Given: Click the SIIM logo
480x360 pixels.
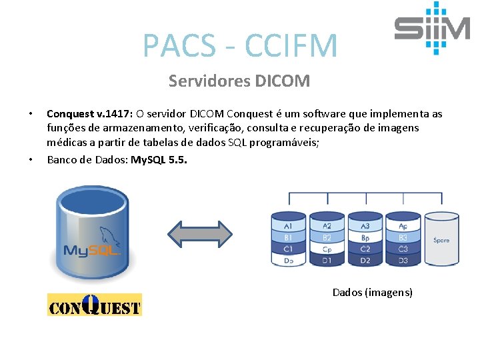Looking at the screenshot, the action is tap(431, 28).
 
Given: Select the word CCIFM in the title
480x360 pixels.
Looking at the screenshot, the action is tap(291, 45).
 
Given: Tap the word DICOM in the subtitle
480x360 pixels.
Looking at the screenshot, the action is tap(283, 81).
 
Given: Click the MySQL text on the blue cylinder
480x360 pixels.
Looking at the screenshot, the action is tap(91, 251).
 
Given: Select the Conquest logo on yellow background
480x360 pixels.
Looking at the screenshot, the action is tap(95, 305).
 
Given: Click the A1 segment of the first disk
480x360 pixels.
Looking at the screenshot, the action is tap(288, 227).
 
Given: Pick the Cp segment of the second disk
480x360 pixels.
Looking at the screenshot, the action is tap(327, 249).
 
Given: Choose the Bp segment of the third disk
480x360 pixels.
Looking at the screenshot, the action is tap(365, 238).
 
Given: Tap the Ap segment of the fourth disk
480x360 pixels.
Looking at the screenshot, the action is tap(403, 227).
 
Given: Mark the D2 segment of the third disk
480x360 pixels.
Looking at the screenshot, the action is tap(365, 260).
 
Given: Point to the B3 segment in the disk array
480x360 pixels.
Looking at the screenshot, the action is tap(403, 238).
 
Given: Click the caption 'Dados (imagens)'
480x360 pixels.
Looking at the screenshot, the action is tap(372, 292).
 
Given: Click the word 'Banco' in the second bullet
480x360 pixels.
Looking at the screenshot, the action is tap(62, 160).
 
